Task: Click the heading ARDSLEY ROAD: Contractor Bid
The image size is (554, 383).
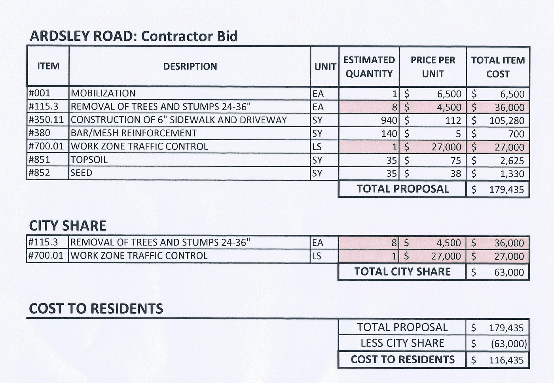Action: (x=134, y=36)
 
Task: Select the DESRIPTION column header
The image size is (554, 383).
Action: (x=190, y=66)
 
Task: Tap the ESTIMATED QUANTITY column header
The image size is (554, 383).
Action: (x=369, y=67)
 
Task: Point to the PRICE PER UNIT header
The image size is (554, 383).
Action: (x=433, y=67)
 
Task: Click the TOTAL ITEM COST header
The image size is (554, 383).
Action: (x=498, y=67)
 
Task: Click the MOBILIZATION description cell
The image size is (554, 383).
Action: (x=103, y=93)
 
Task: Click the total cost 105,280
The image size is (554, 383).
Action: (x=507, y=121)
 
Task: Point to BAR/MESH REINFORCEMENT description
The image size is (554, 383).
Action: (x=133, y=133)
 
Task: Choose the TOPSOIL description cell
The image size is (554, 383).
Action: (x=89, y=160)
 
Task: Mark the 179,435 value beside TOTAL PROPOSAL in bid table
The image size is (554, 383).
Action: (x=506, y=190)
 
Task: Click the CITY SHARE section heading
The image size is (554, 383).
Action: (x=68, y=226)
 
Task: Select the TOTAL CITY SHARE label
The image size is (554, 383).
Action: (x=402, y=272)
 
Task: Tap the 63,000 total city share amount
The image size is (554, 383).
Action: (x=509, y=272)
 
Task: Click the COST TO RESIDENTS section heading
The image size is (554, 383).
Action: (x=96, y=309)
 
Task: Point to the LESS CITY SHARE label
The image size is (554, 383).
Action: (x=402, y=343)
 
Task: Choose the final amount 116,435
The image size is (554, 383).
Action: (x=506, y=360)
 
